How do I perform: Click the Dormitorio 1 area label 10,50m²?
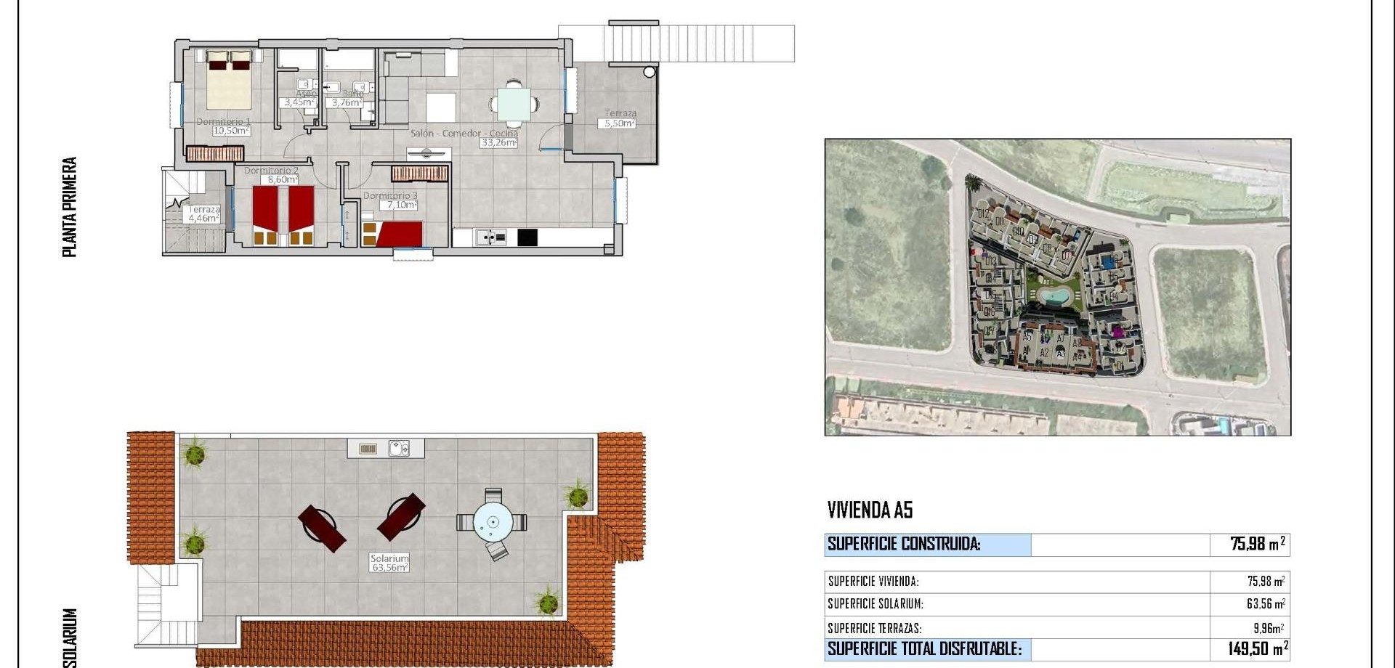coord(231,131)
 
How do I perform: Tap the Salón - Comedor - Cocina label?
coord(464,134)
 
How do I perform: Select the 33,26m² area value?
coord(498,143)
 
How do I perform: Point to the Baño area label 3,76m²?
coord(347,103)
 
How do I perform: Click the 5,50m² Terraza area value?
coord(620,124)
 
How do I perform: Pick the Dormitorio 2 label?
coord(271,171)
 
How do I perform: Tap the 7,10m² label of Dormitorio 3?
coord(401,205)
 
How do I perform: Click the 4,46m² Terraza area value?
coord(203,218)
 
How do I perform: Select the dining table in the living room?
coord(514,104)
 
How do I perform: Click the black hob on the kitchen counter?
coord(527,237)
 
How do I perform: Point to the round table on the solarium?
coord(493,522)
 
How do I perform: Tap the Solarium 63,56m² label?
coord(389,563)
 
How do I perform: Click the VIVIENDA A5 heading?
coord(870,510)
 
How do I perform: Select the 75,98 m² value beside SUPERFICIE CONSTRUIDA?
coord(1257,544)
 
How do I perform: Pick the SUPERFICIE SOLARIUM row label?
coord(876,604)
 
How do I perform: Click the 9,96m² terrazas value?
coord(1268,628)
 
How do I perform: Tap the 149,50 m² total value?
coord(1258,648)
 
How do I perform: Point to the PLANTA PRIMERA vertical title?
coord(70,207)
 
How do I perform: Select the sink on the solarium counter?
coord(398,449)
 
